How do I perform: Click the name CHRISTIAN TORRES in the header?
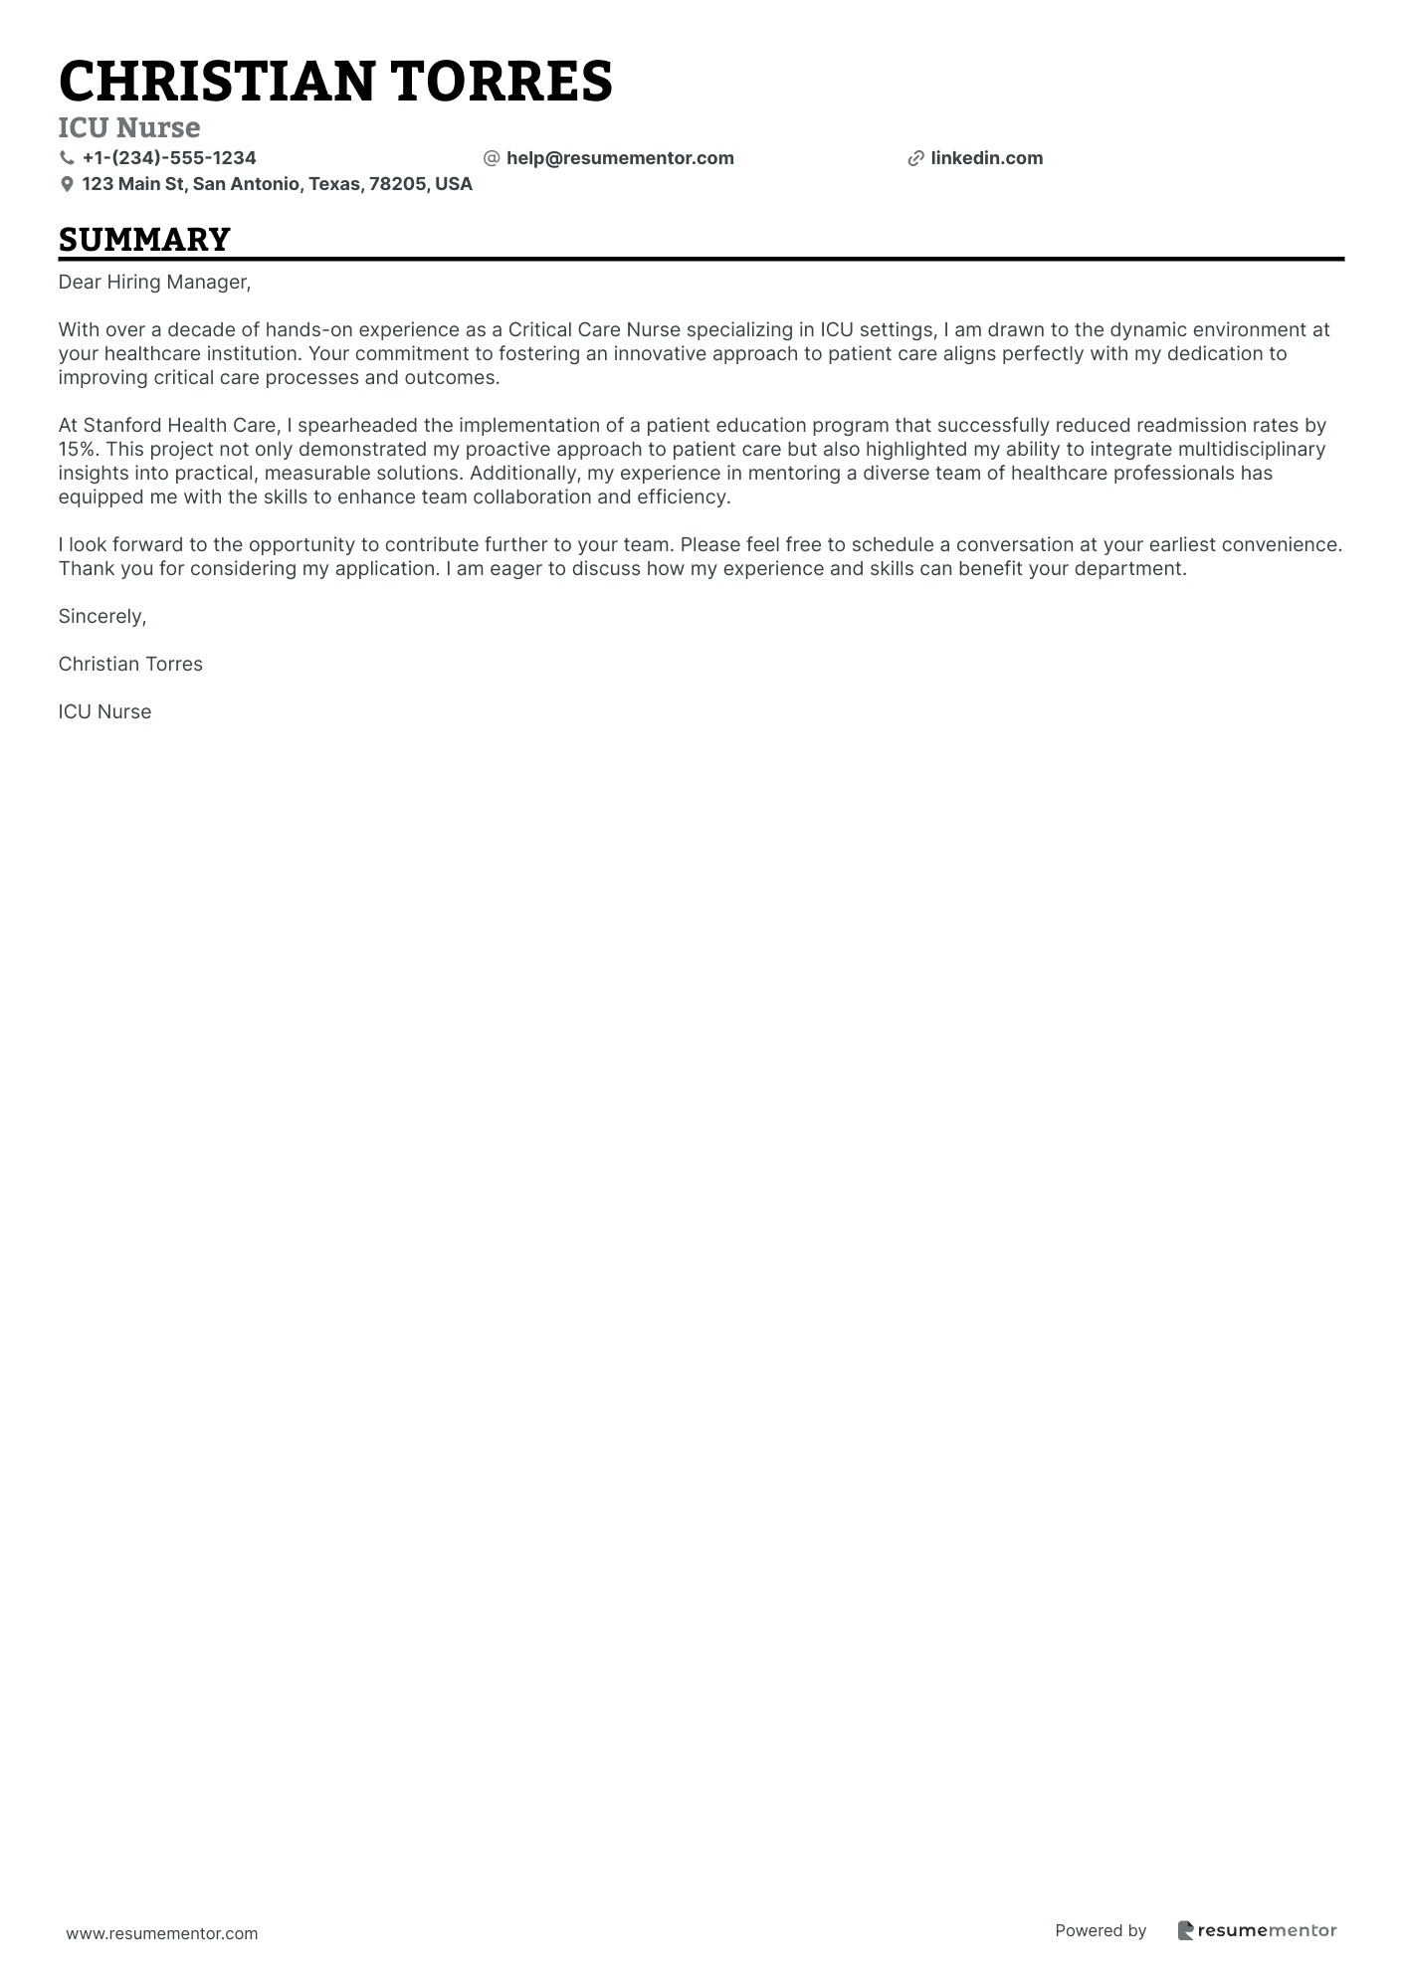click(335, 82)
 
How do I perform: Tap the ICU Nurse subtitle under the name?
click(129, 127)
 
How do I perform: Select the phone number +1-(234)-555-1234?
click(169, 158)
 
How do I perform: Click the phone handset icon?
click(67, 158)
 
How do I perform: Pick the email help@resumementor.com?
click(620, 158)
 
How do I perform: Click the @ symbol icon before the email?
click(491, 158)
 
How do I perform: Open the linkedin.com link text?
click(986, 158)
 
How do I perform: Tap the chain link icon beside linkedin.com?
click(915, 158)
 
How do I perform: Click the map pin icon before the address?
click(67, 184)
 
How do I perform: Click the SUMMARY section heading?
click(144, 240)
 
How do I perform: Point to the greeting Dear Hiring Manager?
click(154, 283)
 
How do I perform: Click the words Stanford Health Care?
click(179, 426)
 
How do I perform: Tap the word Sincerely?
click(101, 617)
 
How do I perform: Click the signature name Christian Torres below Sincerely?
click(130, 665)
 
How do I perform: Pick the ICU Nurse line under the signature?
click(104, 712)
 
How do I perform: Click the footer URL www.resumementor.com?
click(162, 1933)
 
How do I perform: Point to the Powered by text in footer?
click(1101, 1930)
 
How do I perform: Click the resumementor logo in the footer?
click(1258, 1930)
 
